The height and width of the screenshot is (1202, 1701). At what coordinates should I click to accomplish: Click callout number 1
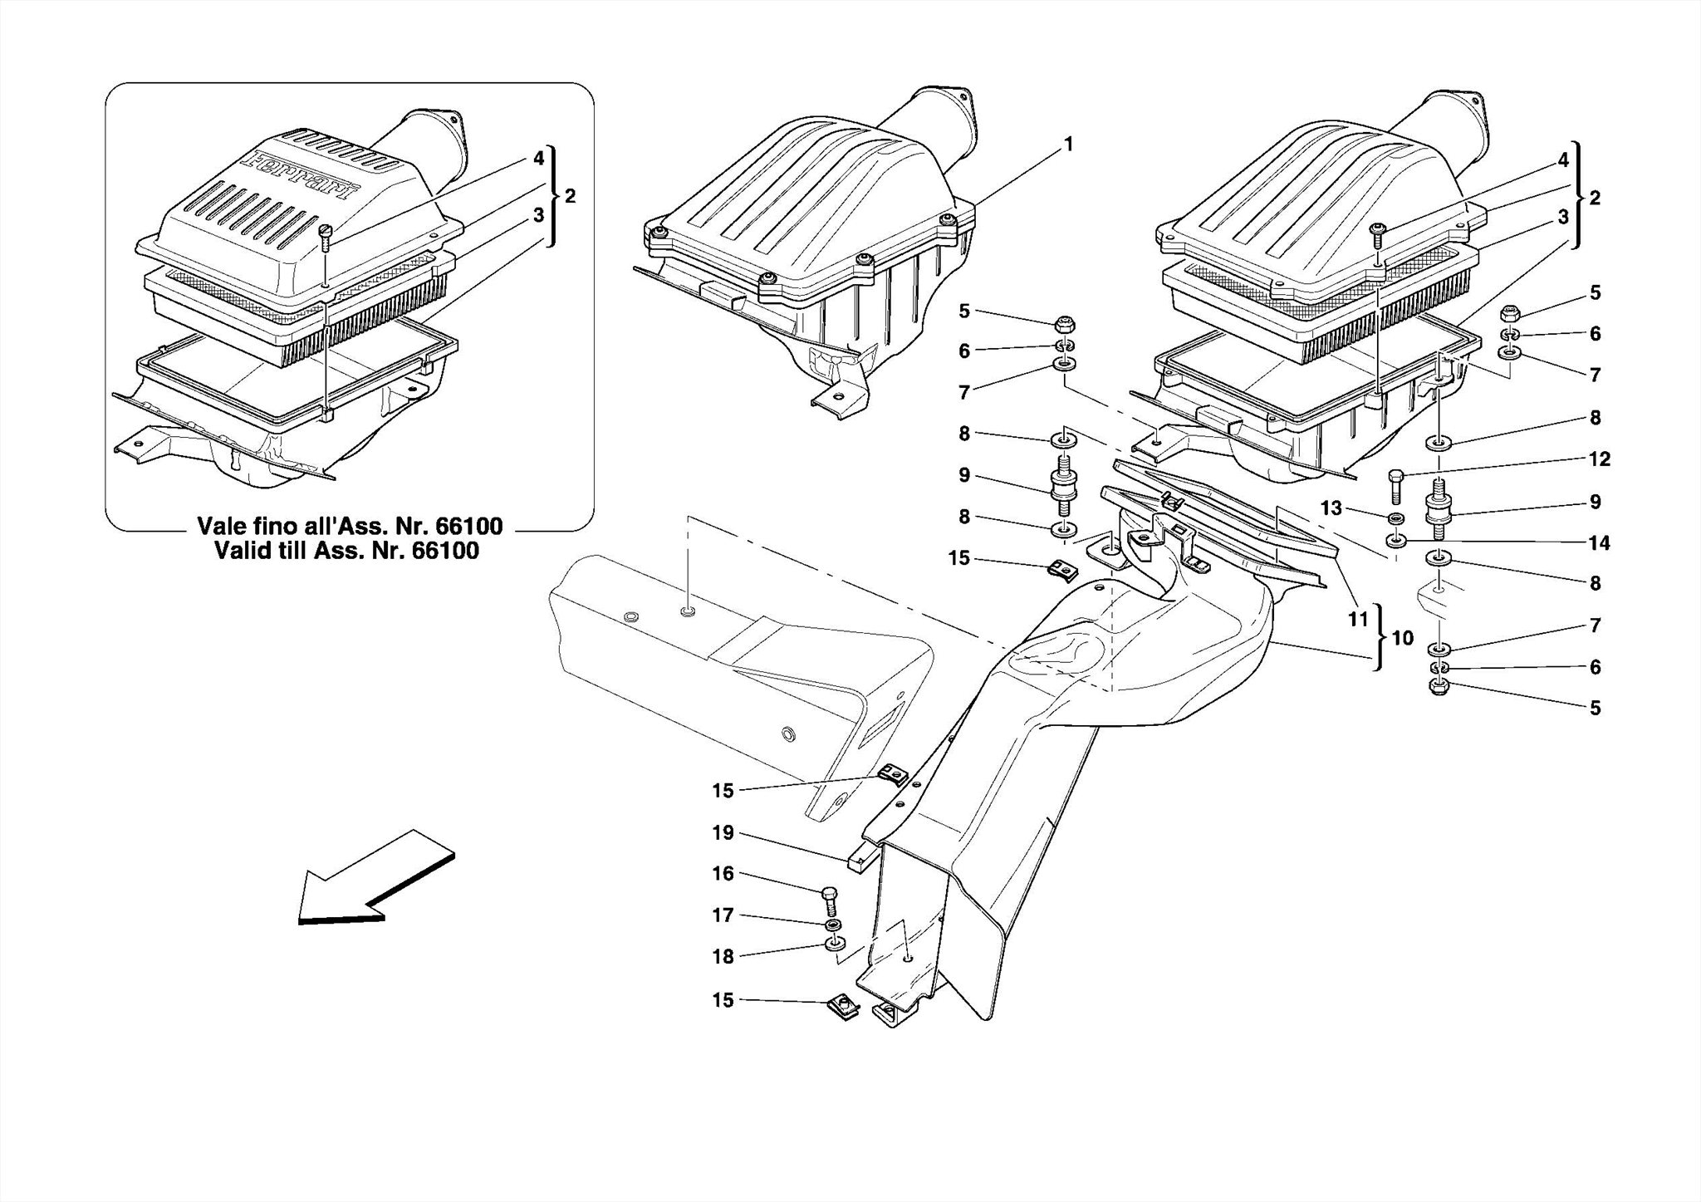pos(1068,145)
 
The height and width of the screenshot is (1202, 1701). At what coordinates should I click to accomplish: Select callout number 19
pos(723,832)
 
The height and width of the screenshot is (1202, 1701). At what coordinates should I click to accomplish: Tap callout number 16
pos(723,873)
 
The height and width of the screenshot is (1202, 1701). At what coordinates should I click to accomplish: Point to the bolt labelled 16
pos(830,901)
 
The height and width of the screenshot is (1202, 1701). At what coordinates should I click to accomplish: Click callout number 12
pos(1599,459)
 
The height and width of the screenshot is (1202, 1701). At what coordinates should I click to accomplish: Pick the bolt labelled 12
pos(1395,485)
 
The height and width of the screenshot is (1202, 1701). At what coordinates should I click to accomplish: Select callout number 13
pos(1331,508)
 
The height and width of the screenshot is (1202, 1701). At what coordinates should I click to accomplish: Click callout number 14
pos(1599,543)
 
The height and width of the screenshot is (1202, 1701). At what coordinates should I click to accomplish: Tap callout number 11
pos(1357,620)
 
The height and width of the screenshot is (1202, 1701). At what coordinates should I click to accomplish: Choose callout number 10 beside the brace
pos(1402,638)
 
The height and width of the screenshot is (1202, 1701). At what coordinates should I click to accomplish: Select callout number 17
pos(723,915)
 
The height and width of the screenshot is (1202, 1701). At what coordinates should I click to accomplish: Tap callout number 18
pos(723,956)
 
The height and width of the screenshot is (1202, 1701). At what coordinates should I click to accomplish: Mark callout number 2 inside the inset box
pos(570,197)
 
